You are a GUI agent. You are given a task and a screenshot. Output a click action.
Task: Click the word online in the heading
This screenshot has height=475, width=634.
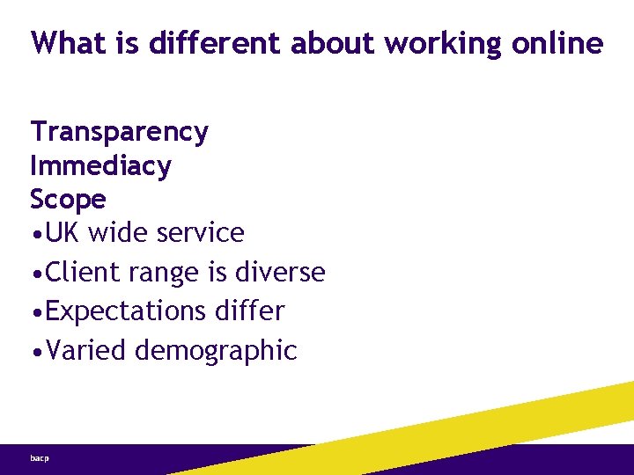(x=557, y=42)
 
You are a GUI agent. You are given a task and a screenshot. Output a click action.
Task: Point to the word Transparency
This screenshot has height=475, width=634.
(x=119, y=133)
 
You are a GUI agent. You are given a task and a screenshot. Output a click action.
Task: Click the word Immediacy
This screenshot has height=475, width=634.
(x=100, y=166)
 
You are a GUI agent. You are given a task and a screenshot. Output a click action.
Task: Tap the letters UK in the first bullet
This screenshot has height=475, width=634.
(x=63, y=233)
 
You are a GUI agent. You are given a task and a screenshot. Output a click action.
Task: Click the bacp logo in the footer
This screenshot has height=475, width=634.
(x=39, y=458)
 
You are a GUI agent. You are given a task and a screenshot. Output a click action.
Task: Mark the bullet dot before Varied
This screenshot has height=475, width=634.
(x=35, y=351)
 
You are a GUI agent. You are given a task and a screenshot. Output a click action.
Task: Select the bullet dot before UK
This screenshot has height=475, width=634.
(x=35, y=234)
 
